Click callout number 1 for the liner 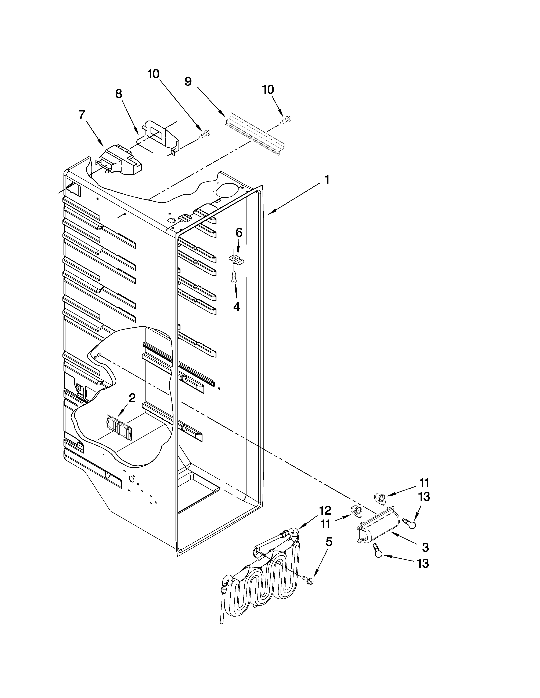tap(327, 180)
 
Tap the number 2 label tap(132, 398)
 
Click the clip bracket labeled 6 tap(236, 259)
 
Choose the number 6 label tap(239, 233)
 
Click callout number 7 tap(82, 115)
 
